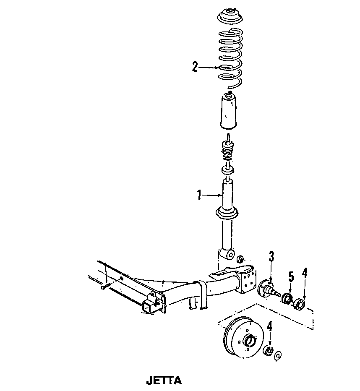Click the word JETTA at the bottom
164,381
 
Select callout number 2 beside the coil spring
195,67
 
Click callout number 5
291,277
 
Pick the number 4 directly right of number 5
304,273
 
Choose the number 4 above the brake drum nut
270,326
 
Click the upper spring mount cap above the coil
230,18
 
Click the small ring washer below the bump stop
227,170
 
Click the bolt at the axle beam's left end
105,287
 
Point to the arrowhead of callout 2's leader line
217,68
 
